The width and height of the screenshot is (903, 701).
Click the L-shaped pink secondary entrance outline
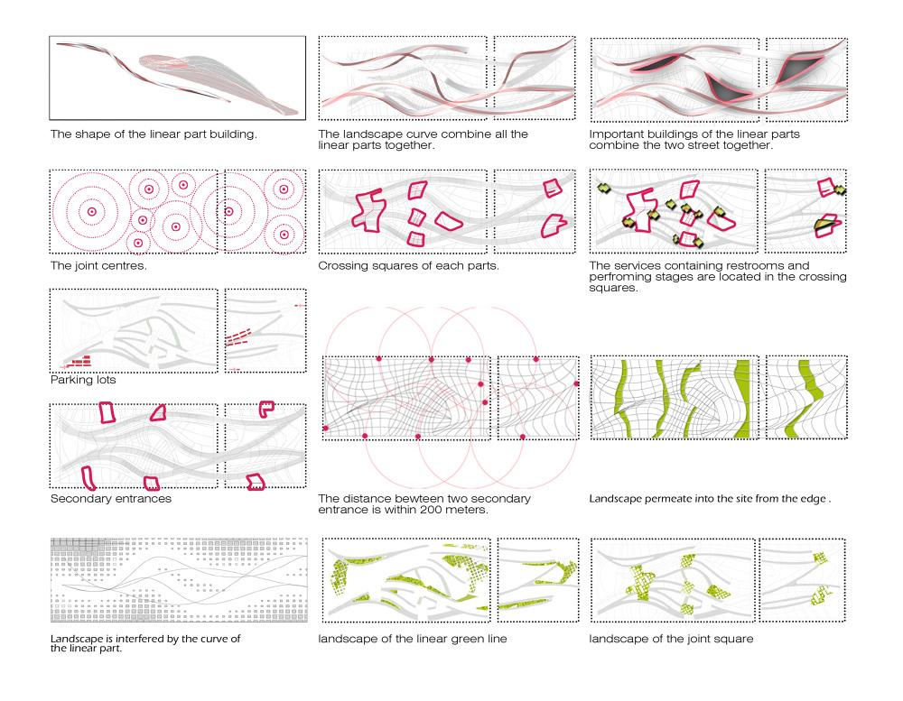tap(266, 409)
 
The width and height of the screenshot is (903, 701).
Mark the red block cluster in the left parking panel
tap(79, 362)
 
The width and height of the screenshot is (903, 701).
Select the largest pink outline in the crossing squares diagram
tap(368, 210)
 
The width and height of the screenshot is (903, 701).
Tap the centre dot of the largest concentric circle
tap(91, 212)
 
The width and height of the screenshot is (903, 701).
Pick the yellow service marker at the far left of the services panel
tap(603, 189)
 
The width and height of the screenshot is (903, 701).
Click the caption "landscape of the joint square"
tap(671, 639)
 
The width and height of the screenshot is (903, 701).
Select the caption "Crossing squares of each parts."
tap(408, 266)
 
